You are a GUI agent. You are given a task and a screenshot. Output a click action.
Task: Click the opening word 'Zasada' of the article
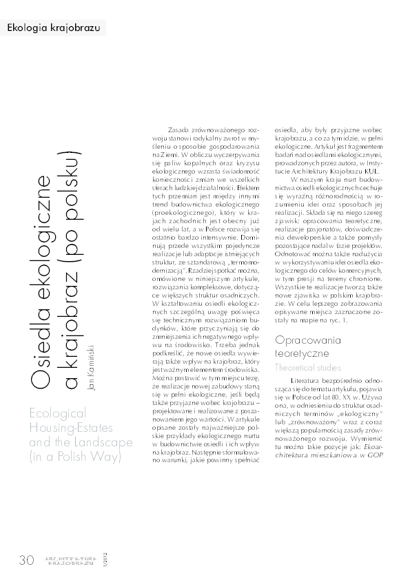coord(179,129)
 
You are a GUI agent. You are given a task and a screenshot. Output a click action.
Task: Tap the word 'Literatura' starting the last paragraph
coord(307,380)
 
